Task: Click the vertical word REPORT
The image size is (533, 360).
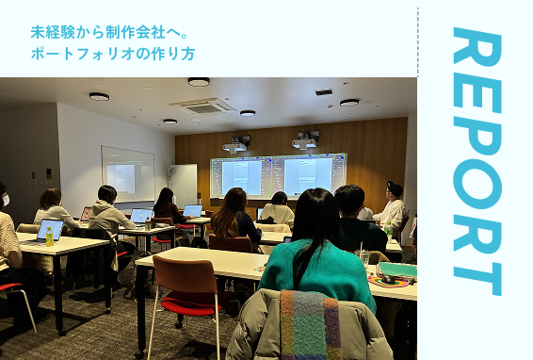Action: tap(476, 160)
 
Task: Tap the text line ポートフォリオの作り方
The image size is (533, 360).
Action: tap(112, 53)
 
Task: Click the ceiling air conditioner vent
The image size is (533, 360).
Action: tap(203, 105)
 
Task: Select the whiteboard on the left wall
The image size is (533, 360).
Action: tap(127, 172)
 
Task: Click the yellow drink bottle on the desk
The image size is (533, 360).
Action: tap(49, 236)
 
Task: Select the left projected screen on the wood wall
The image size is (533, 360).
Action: tap(242, 176)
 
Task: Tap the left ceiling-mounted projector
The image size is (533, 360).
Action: tap(235, 144)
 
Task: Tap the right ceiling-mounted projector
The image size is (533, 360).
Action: tap(305, 140)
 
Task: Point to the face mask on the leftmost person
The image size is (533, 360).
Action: tap(5, 200)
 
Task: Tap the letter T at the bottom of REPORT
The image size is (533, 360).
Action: tap(476, 273)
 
